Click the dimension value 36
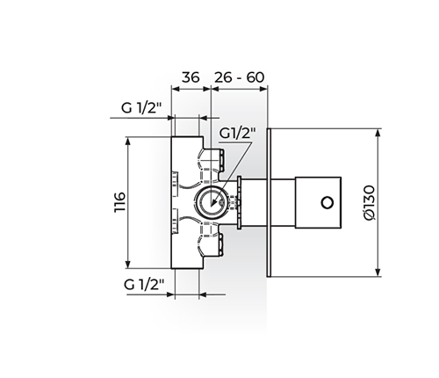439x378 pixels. (x=191, y=77)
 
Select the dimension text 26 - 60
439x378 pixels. (x=240, y=77)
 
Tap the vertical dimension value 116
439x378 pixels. (x=120, y=202)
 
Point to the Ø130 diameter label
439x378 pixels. (x=369, y=202)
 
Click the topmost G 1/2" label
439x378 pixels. (x=141, y=108)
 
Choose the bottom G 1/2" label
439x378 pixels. (x=144, y=284)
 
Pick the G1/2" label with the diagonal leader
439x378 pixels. (x=237, y=134)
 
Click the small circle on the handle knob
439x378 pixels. (x=327, y=202)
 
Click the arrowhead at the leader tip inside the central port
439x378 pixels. (x=214, y=203)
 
